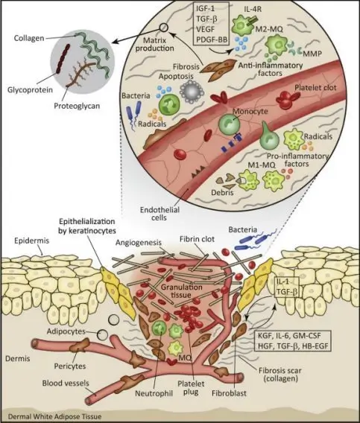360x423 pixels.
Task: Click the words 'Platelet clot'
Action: (x=312, y=89)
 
